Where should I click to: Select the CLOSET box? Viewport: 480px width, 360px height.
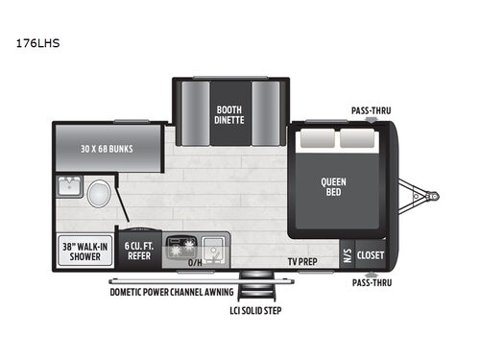click(371, 255)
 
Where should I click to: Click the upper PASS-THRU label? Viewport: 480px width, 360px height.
click(370, 109)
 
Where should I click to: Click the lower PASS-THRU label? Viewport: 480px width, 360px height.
click(370, 284)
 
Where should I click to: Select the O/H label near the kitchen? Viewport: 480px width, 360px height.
click(195, 262)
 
